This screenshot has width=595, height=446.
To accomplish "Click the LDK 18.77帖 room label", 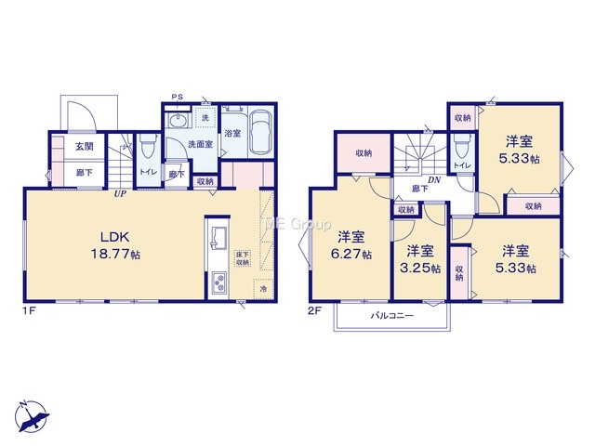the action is [115, 245].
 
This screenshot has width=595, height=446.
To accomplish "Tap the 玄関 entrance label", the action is [85, 147].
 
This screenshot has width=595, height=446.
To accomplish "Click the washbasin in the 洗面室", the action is [177, 122].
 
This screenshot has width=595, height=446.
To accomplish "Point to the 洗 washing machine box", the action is [205, 118].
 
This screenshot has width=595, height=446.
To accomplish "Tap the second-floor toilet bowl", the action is [461, 146].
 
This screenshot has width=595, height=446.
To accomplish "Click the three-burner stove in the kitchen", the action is [219, 282].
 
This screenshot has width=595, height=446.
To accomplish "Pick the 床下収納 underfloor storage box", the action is [243, 258].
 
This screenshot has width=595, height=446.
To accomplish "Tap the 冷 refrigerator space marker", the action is [263, 289].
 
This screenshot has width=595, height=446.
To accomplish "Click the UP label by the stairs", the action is [120, 193].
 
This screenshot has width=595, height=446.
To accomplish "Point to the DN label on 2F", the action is [434, 180].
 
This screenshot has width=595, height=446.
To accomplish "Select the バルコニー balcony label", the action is [392, 316].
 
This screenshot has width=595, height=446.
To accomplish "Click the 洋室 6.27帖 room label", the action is [351, 245].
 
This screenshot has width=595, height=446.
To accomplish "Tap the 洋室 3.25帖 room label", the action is [420, 260].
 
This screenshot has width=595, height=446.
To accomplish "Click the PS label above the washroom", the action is [178, 97].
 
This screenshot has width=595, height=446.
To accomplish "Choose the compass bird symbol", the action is [33, 416].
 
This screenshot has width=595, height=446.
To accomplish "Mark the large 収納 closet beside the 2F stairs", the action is [364, 153].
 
